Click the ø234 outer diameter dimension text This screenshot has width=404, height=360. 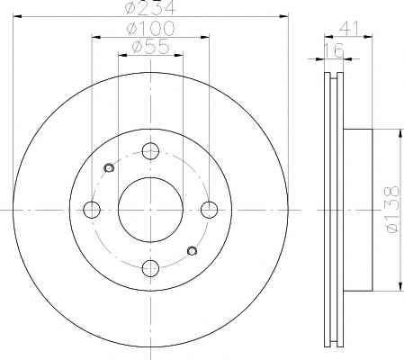coord(149,8)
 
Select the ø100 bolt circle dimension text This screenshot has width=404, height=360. coord(150,28)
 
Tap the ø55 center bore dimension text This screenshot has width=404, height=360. coord(150,47)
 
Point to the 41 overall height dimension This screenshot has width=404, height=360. coord(349,29)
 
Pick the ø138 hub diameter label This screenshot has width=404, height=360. coord(392,210)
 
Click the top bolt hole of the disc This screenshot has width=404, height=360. coord(150,151)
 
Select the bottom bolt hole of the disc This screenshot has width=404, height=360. coord(150,268)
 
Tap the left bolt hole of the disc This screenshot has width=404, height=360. coord(92,210)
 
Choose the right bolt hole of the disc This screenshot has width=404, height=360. coord(209,210)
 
